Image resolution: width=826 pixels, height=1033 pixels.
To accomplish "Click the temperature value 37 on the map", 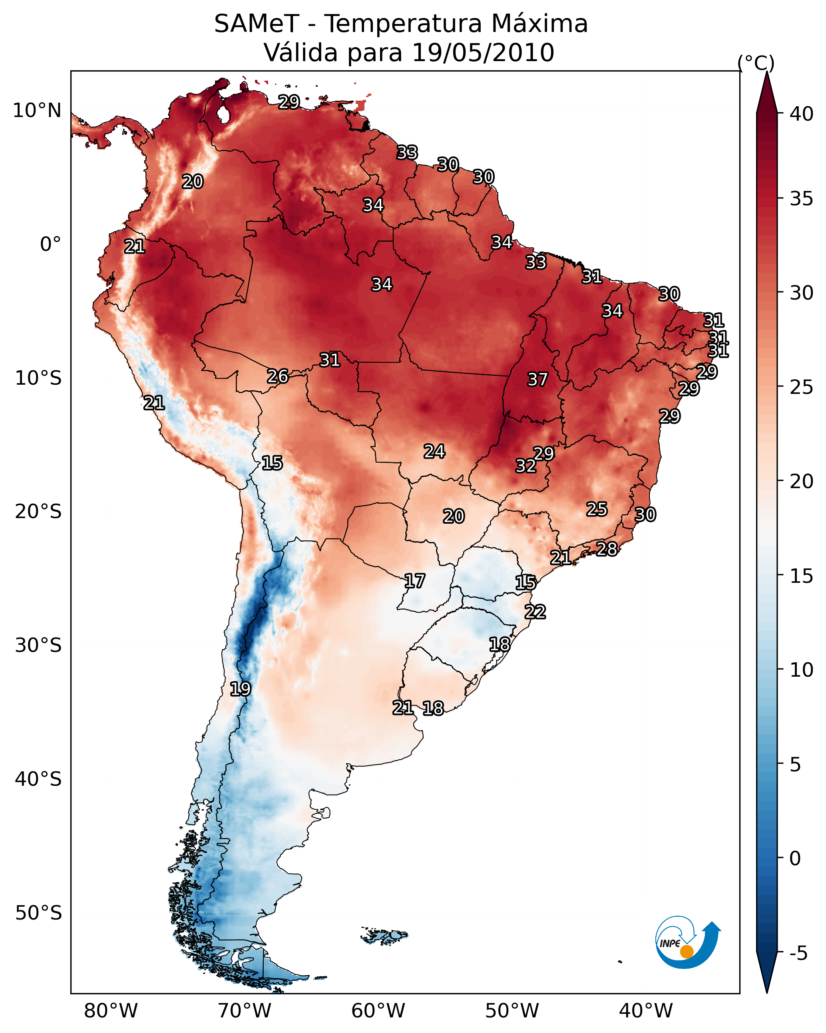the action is point(537,379).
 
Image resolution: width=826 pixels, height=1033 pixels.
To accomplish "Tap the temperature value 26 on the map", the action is point(278,376).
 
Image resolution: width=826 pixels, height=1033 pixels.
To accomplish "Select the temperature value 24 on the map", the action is point(434,451).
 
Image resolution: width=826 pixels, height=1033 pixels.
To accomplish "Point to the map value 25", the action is point(597,509).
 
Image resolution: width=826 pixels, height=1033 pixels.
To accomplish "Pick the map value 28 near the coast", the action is point(607,548).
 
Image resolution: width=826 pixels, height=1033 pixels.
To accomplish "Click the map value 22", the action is point(535,612).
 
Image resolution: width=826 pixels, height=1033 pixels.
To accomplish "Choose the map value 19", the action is point(240,689).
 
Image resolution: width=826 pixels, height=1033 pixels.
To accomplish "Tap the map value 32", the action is point(526,466).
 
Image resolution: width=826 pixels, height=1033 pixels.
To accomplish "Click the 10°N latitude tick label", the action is point(37,111).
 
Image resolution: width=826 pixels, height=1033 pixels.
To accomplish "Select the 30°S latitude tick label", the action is point(38,646).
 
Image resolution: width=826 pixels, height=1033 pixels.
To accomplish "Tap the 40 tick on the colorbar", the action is point(802,114).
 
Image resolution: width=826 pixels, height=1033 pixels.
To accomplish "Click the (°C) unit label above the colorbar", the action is point(756,63).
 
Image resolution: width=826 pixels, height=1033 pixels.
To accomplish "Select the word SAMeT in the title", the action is point(257,24).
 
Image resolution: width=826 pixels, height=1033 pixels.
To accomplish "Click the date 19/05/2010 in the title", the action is point(483,52).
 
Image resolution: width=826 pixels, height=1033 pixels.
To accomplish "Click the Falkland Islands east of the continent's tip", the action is point(384,935).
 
